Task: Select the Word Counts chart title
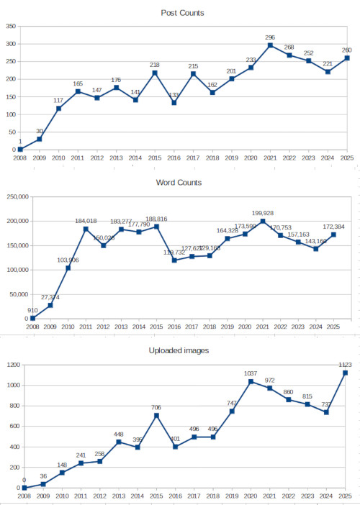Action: click(179, 183)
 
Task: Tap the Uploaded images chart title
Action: click(179, 351)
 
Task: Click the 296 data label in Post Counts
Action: click(270, 37)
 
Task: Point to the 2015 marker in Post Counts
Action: click(156, 73)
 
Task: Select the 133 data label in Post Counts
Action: click(173, 94)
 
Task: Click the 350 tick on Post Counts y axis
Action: click(11, 27)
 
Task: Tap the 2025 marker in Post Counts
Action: click(347, 58)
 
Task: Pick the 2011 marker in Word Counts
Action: click(86, 229)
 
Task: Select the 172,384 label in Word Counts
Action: click(332, 227)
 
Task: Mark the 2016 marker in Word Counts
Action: click(174, 260)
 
